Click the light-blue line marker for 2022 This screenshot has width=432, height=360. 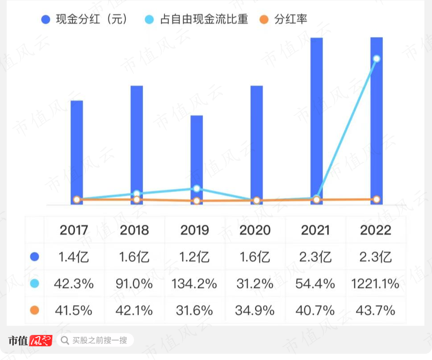point(377,59)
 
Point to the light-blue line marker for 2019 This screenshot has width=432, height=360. point(197,189)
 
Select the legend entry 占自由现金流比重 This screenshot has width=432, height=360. point(196,19)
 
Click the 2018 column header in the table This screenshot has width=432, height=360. point(134,230)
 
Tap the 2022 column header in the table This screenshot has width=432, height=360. point(376,230)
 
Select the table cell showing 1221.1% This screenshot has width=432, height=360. point(376,284)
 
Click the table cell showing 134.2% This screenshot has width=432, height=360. point(195,284)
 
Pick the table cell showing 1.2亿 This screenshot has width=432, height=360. point(195,257)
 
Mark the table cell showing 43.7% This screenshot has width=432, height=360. point(376,310)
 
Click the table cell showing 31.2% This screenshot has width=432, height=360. point(255,284)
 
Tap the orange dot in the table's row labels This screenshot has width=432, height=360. point(34,310)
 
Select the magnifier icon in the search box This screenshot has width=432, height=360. point(65,341)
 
